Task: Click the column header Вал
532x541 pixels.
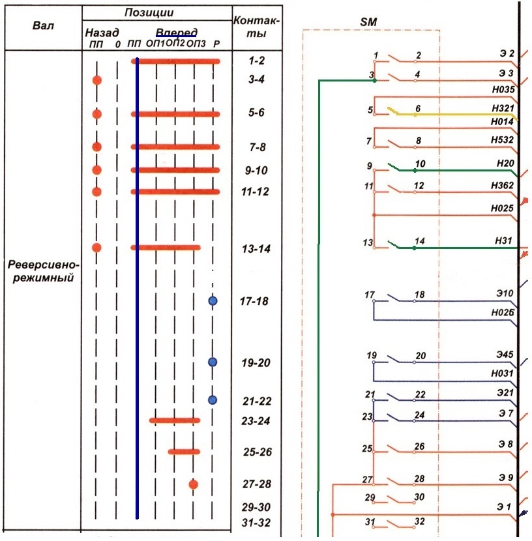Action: click(x=43, y=26)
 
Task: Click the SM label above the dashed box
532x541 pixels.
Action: click(x=369, y=22)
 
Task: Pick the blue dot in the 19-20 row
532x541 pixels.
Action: click(x=213, y=362)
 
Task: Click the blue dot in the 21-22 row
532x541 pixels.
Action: click(x=213, y=400)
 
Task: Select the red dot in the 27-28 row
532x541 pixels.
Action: click(x=193, y=484)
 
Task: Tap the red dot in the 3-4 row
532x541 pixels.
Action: click(x=97, y=80)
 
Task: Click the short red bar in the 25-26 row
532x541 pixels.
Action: click(x=185, y=451)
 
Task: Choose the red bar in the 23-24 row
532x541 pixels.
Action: click(x=175, y=420)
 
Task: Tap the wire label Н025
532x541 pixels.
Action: click(x=503, y=209)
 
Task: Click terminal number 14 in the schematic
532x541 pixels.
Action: click(x=420, y=241)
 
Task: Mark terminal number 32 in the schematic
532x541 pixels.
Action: click(x=420, y=521)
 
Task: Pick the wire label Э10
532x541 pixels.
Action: click(x=506, y=295)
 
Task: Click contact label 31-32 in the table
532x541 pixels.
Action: click(x=256, y=523)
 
